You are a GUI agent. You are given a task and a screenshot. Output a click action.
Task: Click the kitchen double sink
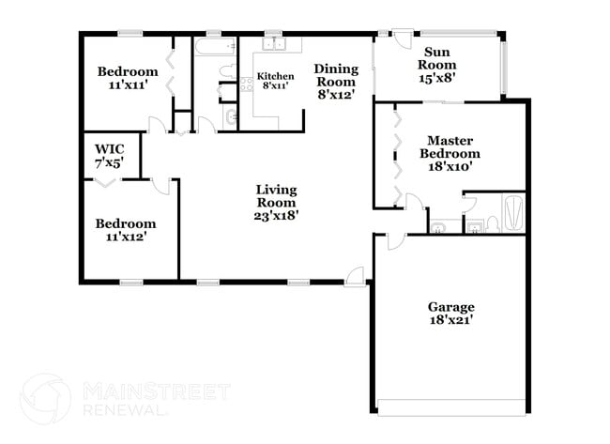pyautogui.click(x=274, y=45)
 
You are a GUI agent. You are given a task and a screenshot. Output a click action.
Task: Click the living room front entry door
pyautogui.click(x=355, y=275)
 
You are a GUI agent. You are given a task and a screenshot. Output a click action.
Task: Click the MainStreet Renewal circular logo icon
pyautogui.click(x=45, y=398)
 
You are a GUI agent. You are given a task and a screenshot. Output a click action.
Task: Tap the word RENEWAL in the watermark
pyautogui.click(x=128, y=409)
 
